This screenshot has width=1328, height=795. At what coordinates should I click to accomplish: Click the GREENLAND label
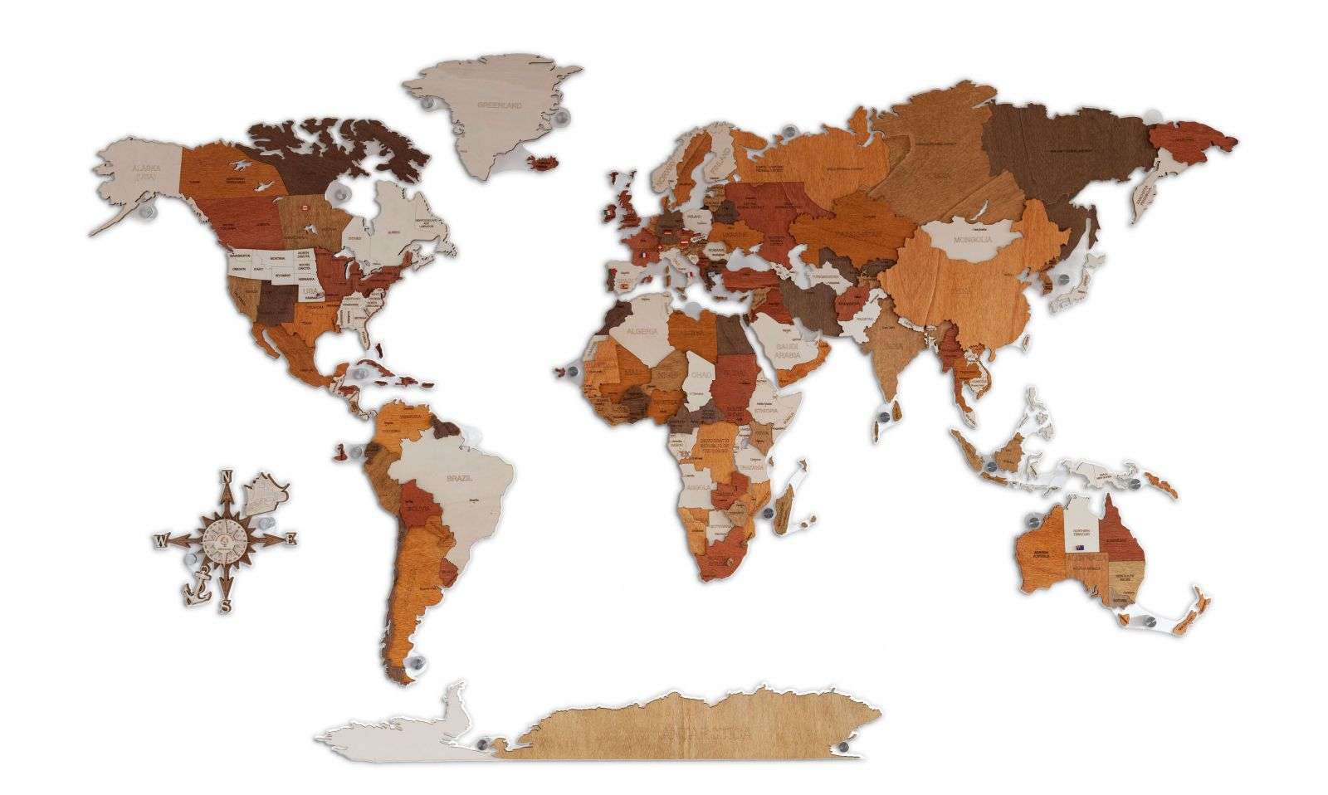[x=499, y=105]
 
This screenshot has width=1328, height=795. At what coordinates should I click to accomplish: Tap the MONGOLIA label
[x=973, y=241]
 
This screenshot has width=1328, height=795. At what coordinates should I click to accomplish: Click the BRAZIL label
[x=458, y=479]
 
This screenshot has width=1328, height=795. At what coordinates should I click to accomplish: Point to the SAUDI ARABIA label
[x=786, y=350]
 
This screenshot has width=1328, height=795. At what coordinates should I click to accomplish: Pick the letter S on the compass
[x=224, y=606]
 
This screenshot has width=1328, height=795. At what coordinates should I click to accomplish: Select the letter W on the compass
[x=159, y=542]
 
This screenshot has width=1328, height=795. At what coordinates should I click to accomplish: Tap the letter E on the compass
[x=290, y=539]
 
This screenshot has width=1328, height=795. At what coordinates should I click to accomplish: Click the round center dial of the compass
[x=225, y=538]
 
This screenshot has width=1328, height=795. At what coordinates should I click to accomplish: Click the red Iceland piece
[x=546, y=159]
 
